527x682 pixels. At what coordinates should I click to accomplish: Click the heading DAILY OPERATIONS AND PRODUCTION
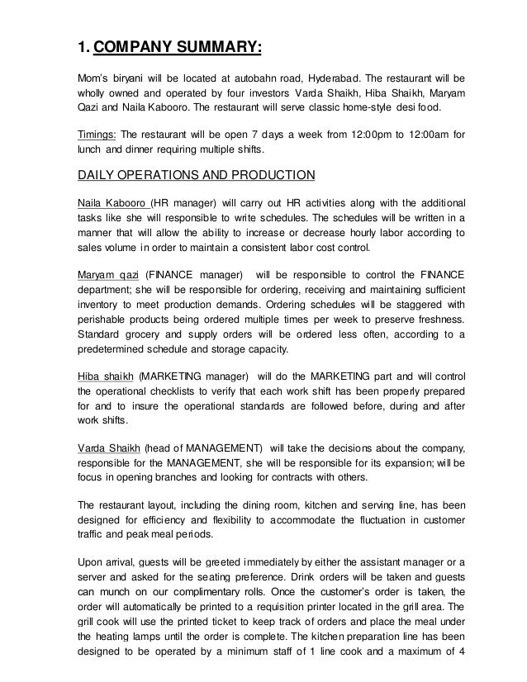click(196, 175)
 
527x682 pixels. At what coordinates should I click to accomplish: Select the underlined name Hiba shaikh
click(105, 372)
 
